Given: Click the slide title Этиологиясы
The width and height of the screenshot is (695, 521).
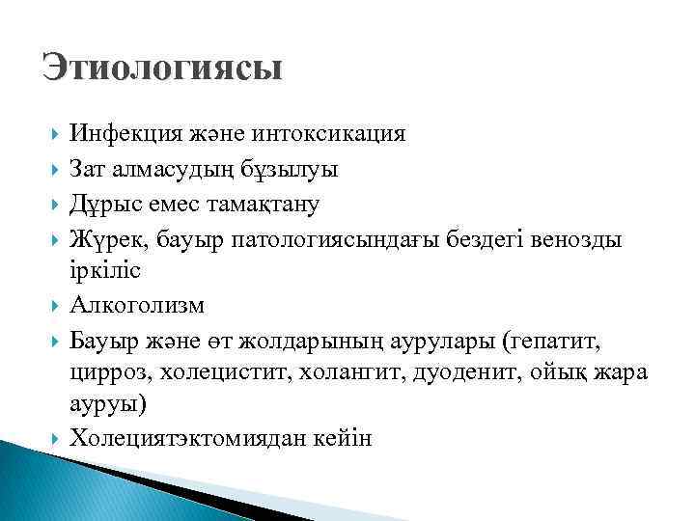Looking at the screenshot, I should click(162, 69).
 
